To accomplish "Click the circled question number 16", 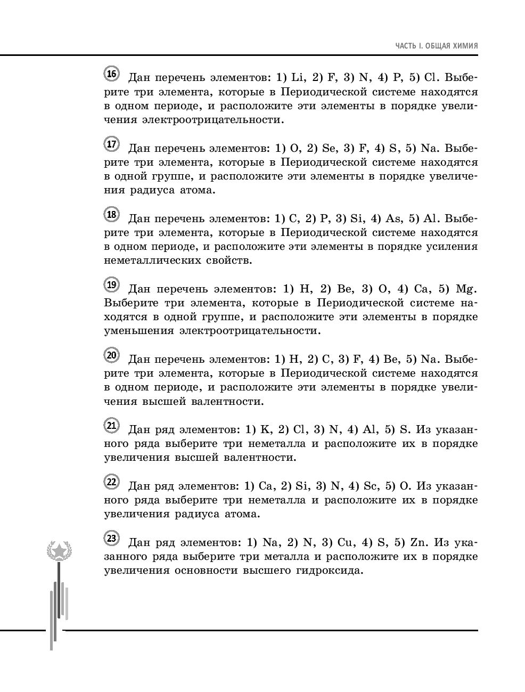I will coord(111,74).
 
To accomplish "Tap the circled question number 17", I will coord(111,144).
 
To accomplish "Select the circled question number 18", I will coord(111,215).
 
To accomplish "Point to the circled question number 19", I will coord(111,286).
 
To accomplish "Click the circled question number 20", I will coord(111,356).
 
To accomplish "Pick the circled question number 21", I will coord(111,426).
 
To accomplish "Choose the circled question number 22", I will coord(111,483).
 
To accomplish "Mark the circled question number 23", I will coord(111,539).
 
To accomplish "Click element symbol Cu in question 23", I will coord(346,542).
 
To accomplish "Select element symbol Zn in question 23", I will coord(416,542).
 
